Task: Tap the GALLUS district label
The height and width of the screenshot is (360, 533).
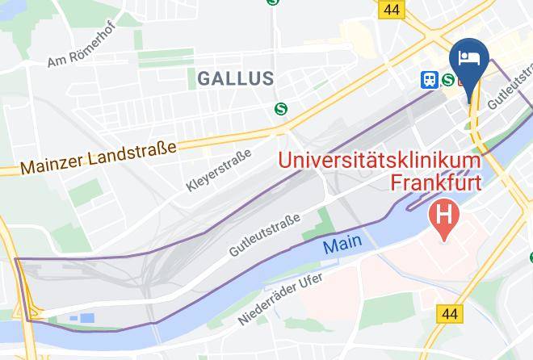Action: [x=235, y=79]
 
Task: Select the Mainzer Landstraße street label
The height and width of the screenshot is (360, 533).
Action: [x=98, y=157]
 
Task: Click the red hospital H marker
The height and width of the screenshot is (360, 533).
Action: [x=443, y=216]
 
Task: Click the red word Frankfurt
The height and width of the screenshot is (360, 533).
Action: [x=436, y=182]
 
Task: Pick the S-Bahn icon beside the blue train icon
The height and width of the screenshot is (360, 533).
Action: [x=447, y=79]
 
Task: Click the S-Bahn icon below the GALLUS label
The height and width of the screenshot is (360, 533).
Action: [x=282, y=108]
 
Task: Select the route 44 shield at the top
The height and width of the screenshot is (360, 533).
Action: [x=392, y=9]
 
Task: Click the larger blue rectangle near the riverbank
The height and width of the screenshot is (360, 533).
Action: [x=87, y=318]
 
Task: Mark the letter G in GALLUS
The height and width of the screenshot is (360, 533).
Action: [x=204, y=79]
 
